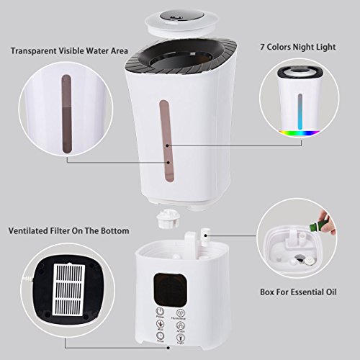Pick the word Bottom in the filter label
tap(114, 231)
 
